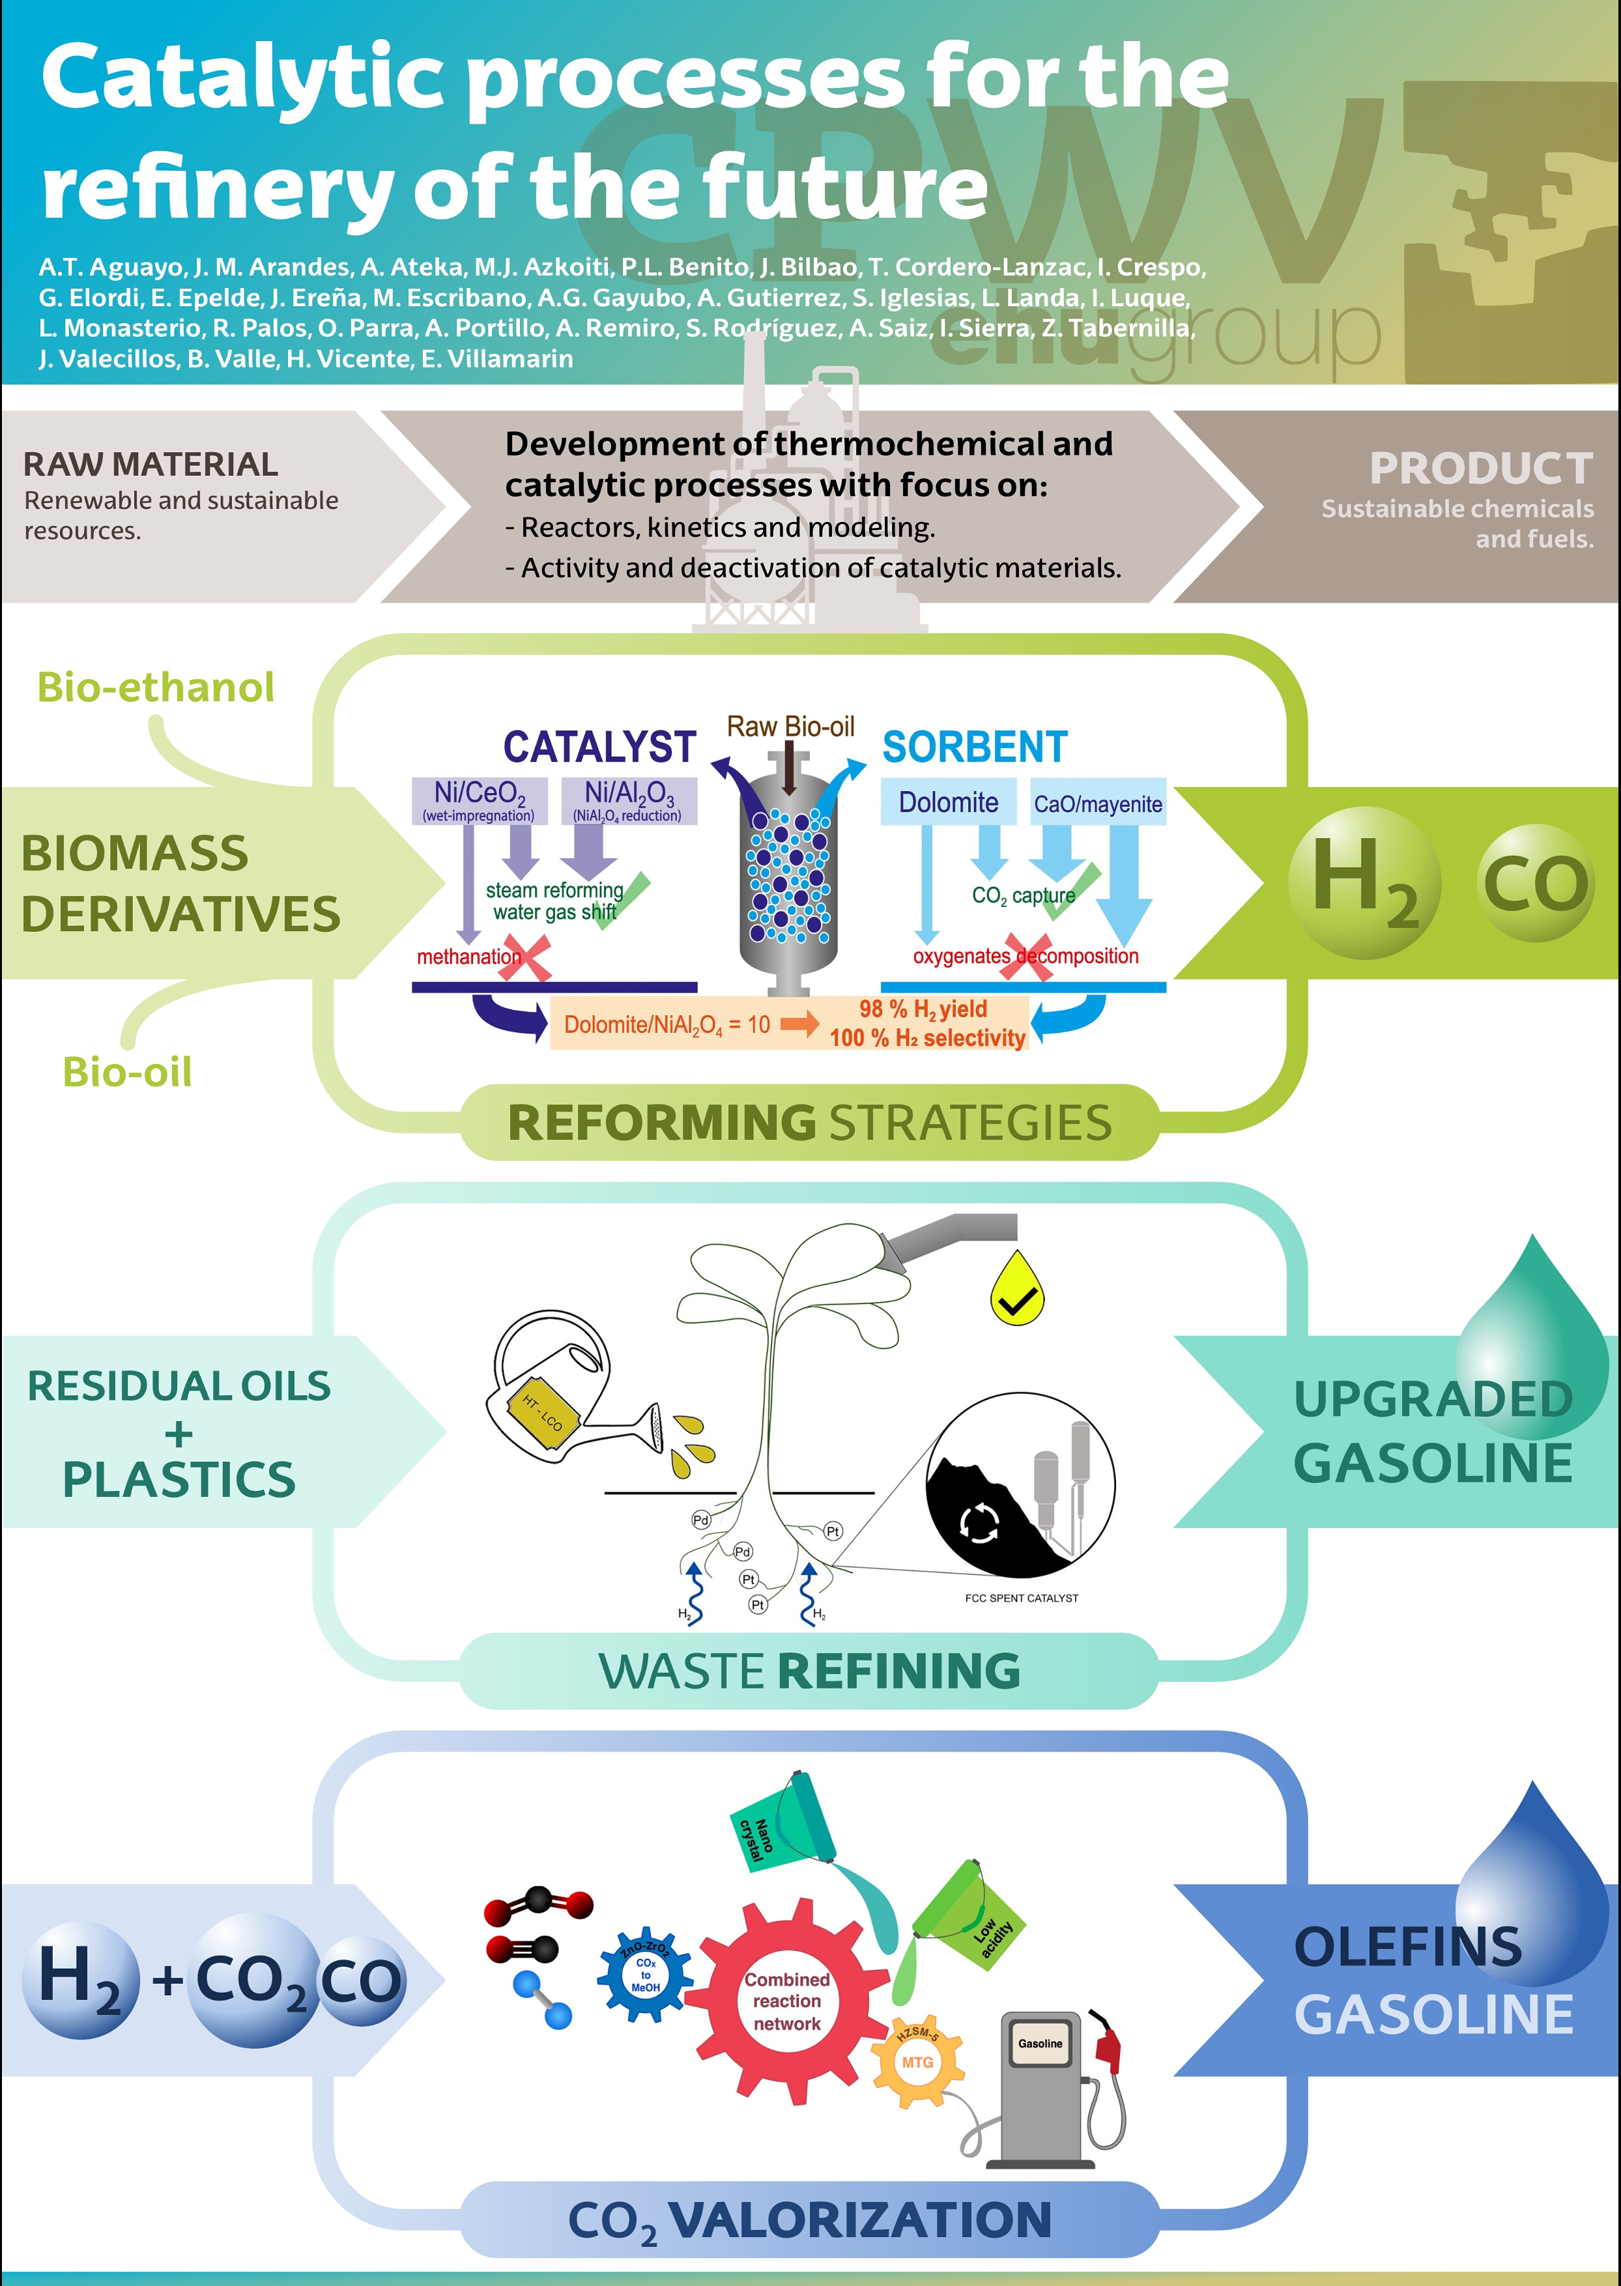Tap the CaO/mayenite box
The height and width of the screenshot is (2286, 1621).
tap(1097, 803)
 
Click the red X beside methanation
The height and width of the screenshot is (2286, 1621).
tap(526, 957)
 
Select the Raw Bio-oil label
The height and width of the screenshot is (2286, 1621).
tap(790, 727)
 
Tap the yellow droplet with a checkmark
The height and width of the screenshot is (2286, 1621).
tap(1016, 1290)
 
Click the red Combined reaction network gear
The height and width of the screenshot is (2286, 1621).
tap(786, 2001)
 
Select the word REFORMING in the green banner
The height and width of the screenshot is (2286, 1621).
tap(661, 1123)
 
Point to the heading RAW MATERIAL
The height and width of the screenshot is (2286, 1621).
tap(151, 464)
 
